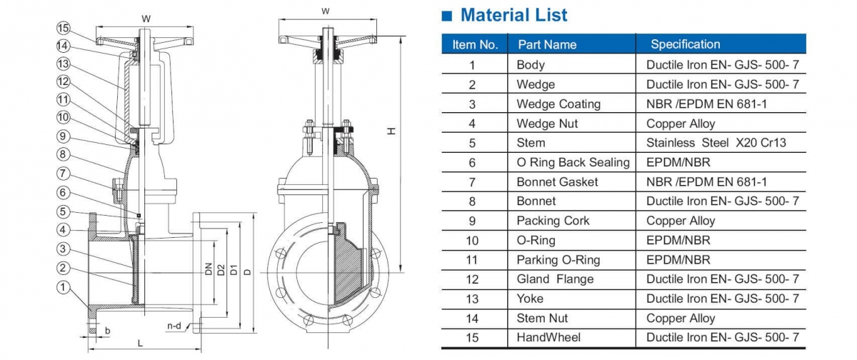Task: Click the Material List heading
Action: tap(513, 15)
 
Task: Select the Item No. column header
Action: tap(475, 44)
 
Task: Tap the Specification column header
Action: tap(685, 44)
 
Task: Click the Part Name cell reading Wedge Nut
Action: tap(546, 124)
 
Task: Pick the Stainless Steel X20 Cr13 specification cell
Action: tap(716, 143)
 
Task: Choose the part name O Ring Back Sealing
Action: tap(573, 162)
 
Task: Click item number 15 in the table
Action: tap(472, 337)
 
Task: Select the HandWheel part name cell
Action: tap(548, 337)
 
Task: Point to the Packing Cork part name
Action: tap(553, 221)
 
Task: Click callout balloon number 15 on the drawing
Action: tap(64, 29)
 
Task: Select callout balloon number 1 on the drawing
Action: tap(64, 288)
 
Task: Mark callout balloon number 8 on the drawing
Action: tap(64, 154)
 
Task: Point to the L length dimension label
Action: tap(140, 344)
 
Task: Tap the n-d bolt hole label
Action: tap(174, 326)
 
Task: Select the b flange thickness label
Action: tap(107, 331)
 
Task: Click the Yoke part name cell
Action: tap(530, 299)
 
